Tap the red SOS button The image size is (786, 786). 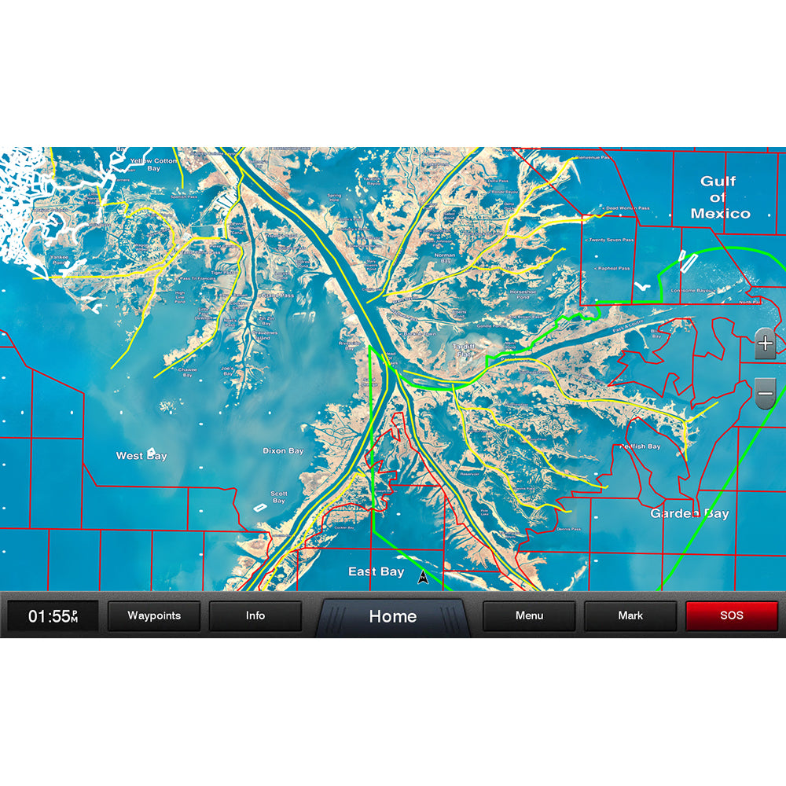coord(731,616)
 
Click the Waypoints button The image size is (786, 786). coord(154,616)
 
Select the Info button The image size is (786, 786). coord(255,616)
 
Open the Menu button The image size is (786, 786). coord(529,616)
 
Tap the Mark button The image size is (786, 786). coord(630,616)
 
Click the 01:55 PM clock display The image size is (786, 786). coord(53,616)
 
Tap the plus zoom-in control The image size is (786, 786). coord(765,343)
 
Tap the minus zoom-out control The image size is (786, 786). coord(765,391)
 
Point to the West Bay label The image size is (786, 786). coord(141,456)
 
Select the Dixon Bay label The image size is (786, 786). coord(283,451)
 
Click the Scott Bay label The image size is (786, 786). coord(279,498)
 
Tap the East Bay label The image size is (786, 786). coord(376,572)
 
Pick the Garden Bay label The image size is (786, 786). coord(689,514)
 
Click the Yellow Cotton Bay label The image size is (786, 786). coord(154,164)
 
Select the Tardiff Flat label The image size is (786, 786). coord(463,349)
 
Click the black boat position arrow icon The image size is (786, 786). coord(423,578)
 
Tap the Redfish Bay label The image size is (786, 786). coord(641,446)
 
